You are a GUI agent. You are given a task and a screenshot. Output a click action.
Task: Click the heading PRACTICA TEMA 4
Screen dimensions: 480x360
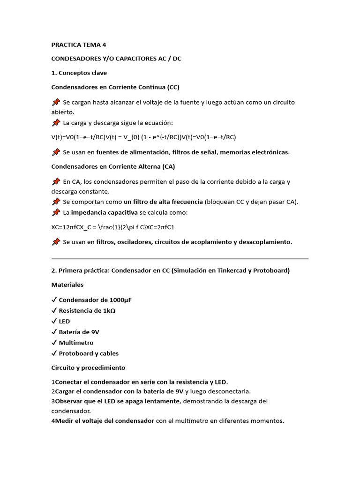79,45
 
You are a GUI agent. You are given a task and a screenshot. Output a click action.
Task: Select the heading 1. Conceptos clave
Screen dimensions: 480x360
79,73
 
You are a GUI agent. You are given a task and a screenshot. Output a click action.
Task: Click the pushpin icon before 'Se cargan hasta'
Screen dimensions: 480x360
56,102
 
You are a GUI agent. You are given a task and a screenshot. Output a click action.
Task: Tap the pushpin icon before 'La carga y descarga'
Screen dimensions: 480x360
56,123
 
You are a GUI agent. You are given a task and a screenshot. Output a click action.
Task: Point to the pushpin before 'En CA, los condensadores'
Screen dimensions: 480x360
56,181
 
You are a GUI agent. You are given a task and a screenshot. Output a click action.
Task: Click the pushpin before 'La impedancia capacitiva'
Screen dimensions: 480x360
56,213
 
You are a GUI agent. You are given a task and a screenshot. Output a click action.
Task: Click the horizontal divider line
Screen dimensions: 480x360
180,258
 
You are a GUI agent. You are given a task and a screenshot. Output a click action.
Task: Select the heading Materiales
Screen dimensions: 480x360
67,285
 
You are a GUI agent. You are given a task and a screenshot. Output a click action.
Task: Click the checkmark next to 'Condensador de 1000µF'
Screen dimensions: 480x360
54,300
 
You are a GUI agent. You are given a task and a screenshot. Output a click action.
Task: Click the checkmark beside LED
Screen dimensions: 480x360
54,322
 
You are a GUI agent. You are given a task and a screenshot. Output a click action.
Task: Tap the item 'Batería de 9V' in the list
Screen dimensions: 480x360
79,332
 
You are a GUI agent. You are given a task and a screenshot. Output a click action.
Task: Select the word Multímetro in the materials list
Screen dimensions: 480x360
76,343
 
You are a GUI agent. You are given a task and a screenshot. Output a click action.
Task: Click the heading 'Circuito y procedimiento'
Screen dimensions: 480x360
88,367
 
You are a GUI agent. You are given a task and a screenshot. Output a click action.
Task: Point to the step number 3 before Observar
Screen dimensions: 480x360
53,401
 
